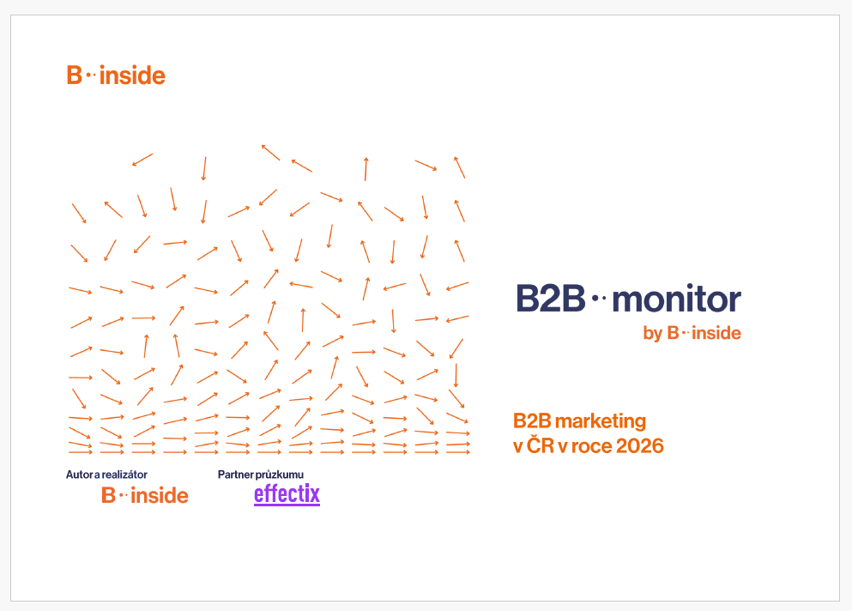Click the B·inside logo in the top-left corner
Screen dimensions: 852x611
tap(116, 75)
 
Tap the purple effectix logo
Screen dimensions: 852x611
tap(287, 494)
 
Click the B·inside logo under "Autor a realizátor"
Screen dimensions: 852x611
tap(144, 495)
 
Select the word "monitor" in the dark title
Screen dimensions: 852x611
tap(676, 299)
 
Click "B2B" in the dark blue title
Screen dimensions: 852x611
tap(551, 299)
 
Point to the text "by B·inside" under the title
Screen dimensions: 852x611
tap(692, 333)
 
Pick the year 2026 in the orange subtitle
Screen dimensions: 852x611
tap(640, 445)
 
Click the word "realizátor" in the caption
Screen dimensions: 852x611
tap(124, 475)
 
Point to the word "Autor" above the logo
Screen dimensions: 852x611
tap(79, 475)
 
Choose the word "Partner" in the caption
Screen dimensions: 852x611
tap(236, 475)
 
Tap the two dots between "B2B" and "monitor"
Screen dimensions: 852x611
tap(598, 298)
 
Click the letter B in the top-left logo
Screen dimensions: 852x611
tap(74, 75)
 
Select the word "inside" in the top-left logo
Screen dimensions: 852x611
tap(133, 75)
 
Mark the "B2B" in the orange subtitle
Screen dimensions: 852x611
tap(532, 421)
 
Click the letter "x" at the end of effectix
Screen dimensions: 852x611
tap(314, 494)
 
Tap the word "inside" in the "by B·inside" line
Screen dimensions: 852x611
tap(716, 333)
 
